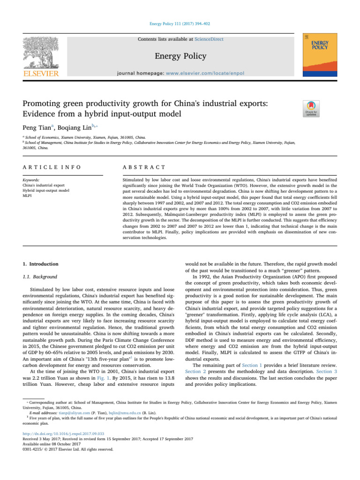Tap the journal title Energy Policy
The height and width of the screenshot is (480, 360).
180,56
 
